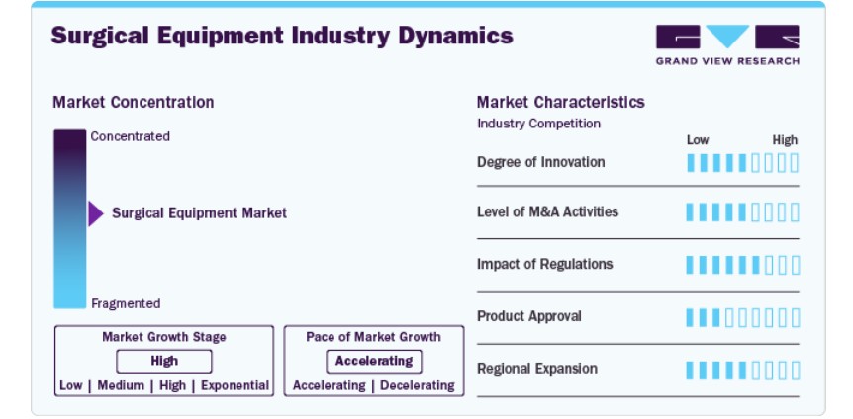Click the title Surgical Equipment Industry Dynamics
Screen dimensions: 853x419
coord(282,36)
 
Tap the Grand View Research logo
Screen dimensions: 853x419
coord(727,45)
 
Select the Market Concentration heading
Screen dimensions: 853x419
coord(134,102)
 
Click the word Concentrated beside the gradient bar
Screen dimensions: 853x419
coord(130,136)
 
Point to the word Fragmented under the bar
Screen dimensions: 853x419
coord(126,303)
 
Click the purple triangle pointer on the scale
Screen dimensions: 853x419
coord(96,213)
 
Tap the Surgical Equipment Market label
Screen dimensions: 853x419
coord(199,213)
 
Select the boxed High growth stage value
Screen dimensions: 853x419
coord(164,362)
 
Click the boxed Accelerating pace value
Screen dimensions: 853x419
coord(374,362)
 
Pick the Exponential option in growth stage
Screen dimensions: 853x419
coord(235,385)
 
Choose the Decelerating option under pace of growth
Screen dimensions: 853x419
coord(418,385)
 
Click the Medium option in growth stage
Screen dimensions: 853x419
coord(121,385)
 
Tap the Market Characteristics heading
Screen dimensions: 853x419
coord(561,102)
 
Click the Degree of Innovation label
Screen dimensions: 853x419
coord(540,162)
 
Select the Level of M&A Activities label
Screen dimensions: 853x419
coord(548,211)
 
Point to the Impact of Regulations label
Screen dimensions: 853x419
coord(544,264)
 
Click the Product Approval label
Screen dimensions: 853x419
coord(528,316)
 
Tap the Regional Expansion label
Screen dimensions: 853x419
coord(537,369)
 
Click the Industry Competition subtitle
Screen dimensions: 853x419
coord(538,124)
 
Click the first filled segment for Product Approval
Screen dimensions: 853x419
coord(691,318)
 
